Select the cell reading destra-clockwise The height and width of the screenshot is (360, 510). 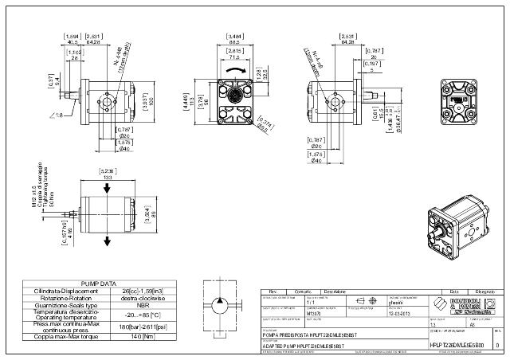click(144, 297)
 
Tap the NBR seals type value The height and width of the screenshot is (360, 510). click(144, 305)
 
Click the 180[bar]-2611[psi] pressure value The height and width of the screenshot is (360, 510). click(144, 327)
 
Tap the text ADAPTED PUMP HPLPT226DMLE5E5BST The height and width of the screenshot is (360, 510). click(307, 345)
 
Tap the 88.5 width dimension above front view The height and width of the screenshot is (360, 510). click(236, 41)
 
